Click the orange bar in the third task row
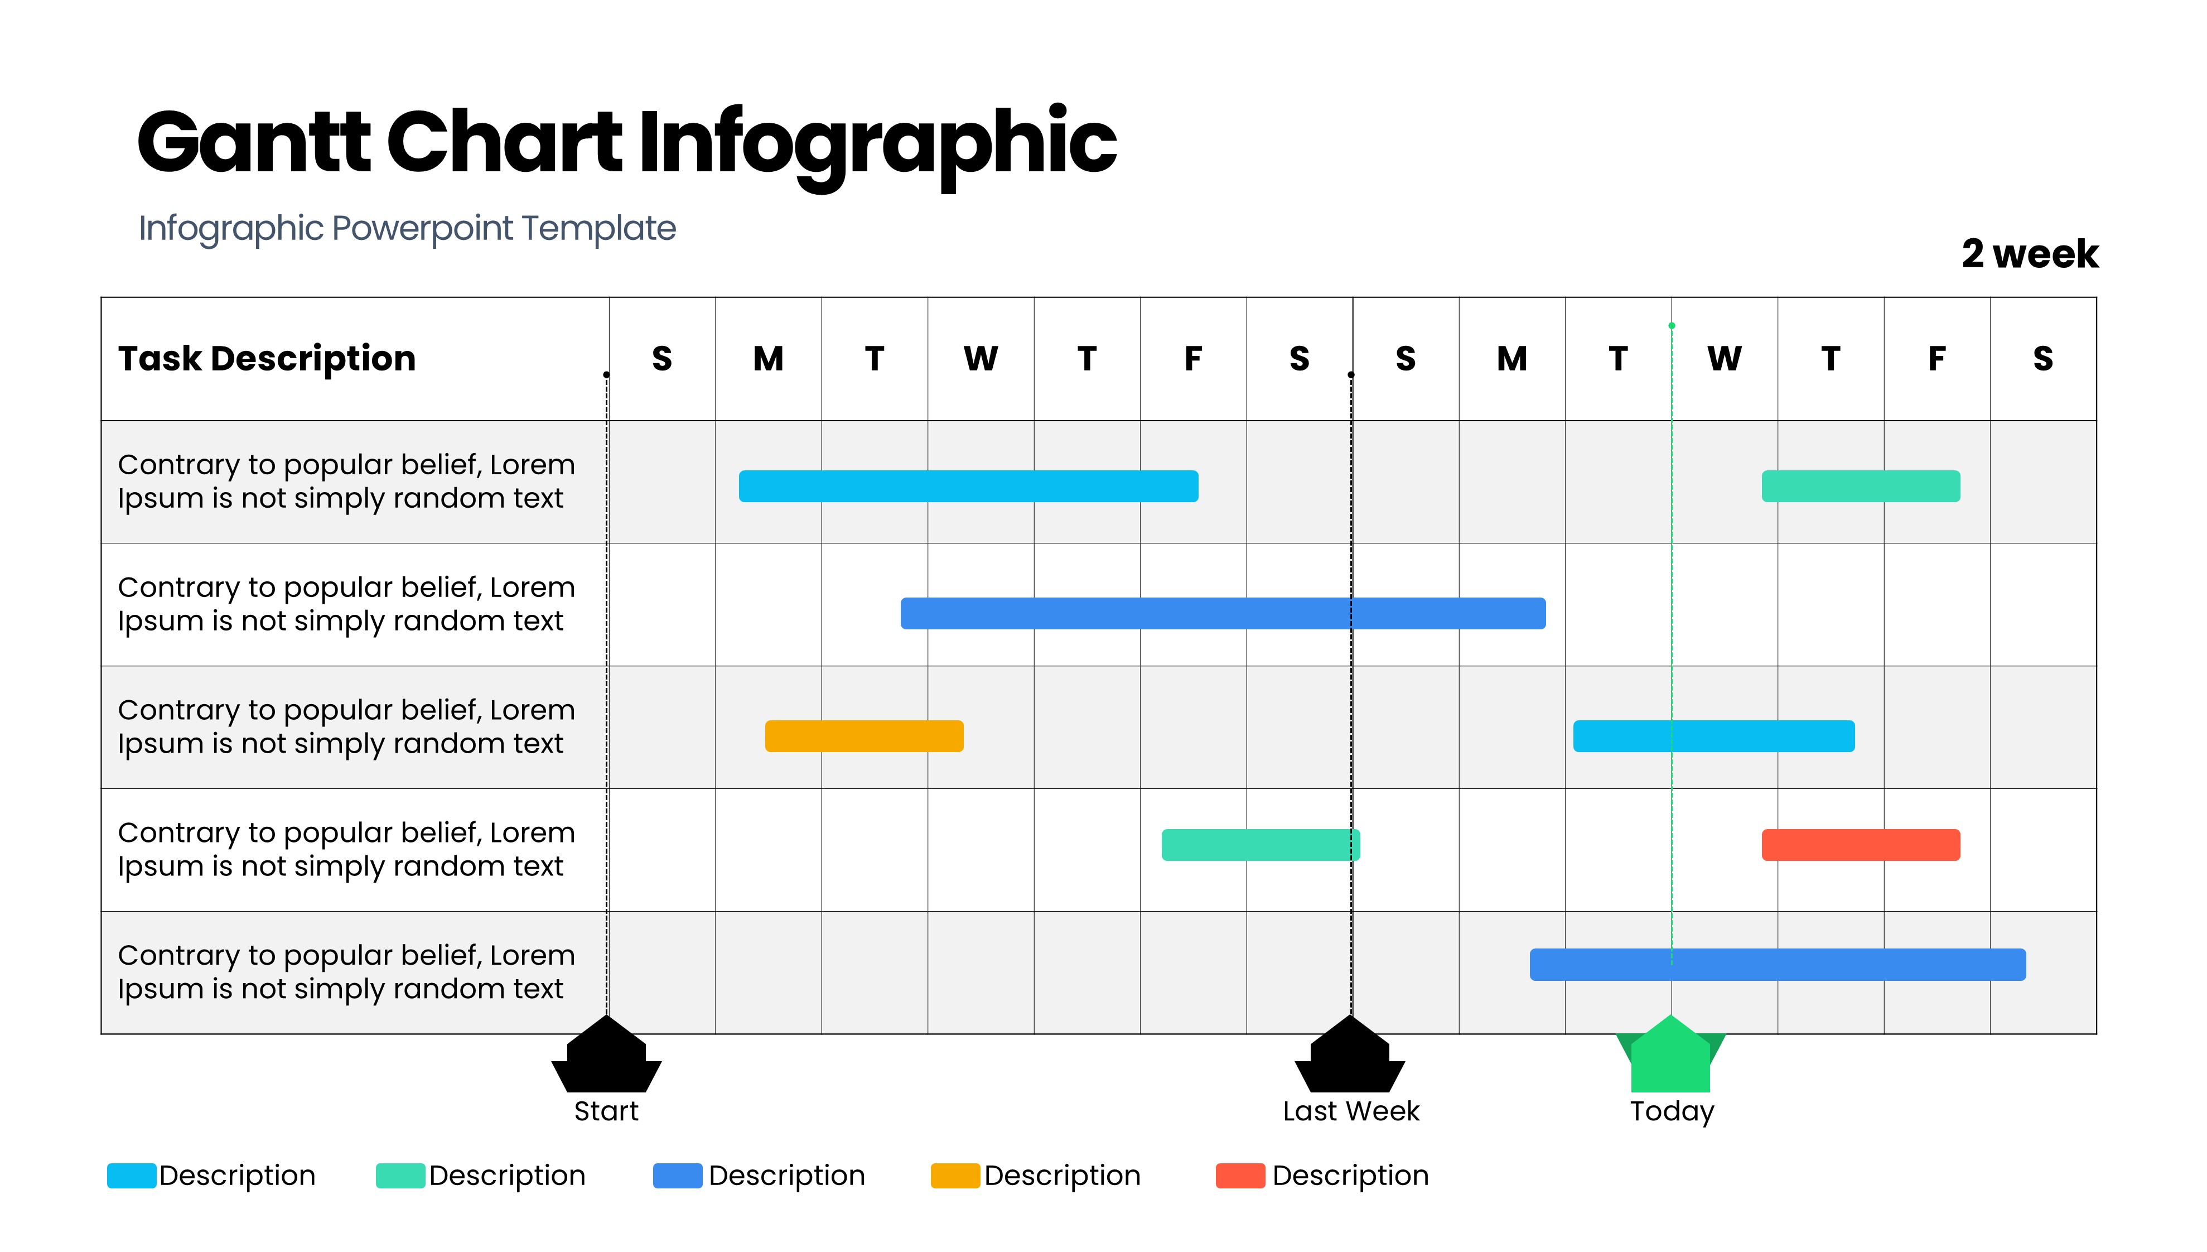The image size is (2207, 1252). click(864, 736)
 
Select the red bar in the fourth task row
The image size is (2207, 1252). click(1860, 844)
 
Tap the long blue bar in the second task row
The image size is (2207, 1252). click(1222, 613)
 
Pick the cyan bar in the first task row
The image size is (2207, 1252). click(968, 486)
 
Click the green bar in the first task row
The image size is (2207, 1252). click(1860, 486)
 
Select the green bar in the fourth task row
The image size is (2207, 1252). click(1260, 844)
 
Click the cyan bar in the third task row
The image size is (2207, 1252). click(1713, 736)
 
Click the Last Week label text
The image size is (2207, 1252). click(1350, 1111)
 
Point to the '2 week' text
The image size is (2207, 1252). click(2029, 254)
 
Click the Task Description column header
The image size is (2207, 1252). click(267, 359)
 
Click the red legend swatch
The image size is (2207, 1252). click(1239, 1176)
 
